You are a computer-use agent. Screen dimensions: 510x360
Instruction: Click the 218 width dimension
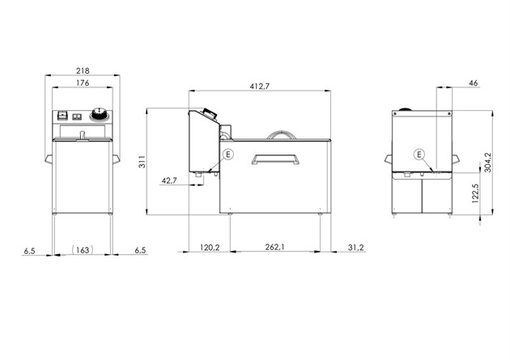click(83, 70)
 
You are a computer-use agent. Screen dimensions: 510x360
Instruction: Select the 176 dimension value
click(83, 83)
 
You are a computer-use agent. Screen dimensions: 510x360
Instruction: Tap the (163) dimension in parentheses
click(83, 250)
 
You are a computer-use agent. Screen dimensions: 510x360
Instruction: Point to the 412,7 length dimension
click(260, 86)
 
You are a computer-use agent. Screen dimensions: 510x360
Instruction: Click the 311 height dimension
click(142, 162)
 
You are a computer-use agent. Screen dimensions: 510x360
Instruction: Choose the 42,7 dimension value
click(169, 180)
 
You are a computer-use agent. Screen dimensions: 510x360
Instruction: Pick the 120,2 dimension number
click(210, 248)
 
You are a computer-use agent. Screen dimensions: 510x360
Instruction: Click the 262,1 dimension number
click(275, 247)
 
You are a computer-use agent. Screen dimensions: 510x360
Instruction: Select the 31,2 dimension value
click(356, 248)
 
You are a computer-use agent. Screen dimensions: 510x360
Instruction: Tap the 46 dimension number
click(474, 83)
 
